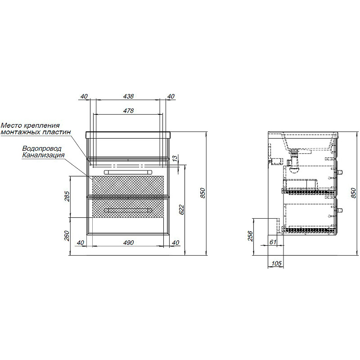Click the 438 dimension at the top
(128, 96)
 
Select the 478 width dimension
(128, 111)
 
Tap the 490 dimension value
(128, 243)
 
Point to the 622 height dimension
(181, 209)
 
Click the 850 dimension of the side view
(354, 193)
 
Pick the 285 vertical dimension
(67, 196)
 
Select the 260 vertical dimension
(67, 235)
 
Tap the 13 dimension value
(175, 158)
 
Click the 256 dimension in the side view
(250, 236)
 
